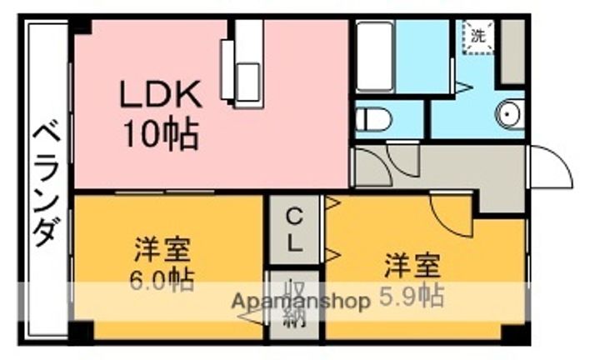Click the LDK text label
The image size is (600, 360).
(x=161, y=93)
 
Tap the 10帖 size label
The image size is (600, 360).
(x=161, y=134)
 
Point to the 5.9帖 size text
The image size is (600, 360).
(x=412, y=297)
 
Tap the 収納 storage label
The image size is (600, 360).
(x=295, y=303)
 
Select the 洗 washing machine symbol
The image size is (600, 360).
(x=478, y=36)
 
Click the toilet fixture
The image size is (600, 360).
(x=374, y=119)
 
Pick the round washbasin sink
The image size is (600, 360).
(x=510, y=114)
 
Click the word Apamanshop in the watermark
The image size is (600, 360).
(x=301, y=301)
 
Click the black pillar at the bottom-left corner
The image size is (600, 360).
(x=82, y=332)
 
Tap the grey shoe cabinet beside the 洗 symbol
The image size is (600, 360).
(x=512, y=52)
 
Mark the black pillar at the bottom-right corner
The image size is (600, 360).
(x=515, y=332)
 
